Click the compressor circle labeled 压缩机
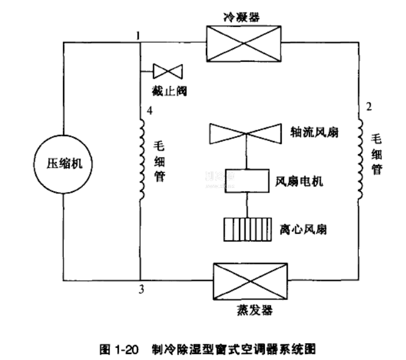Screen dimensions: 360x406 [x=64, y=163]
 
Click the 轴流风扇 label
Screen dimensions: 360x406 [x=311, y=132]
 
